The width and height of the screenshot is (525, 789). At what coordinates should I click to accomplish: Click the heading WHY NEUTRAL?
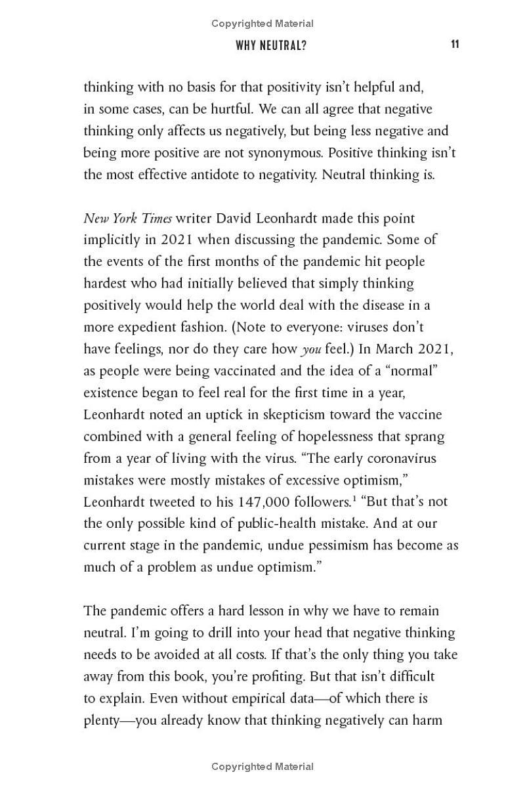click(x=271, y=45)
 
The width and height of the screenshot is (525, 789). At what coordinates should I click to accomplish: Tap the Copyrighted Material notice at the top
click(x=262, y=24)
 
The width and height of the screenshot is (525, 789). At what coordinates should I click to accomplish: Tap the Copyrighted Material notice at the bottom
click(x=262, y=766)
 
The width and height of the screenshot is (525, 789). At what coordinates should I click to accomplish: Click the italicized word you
click(x=311, y=349)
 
